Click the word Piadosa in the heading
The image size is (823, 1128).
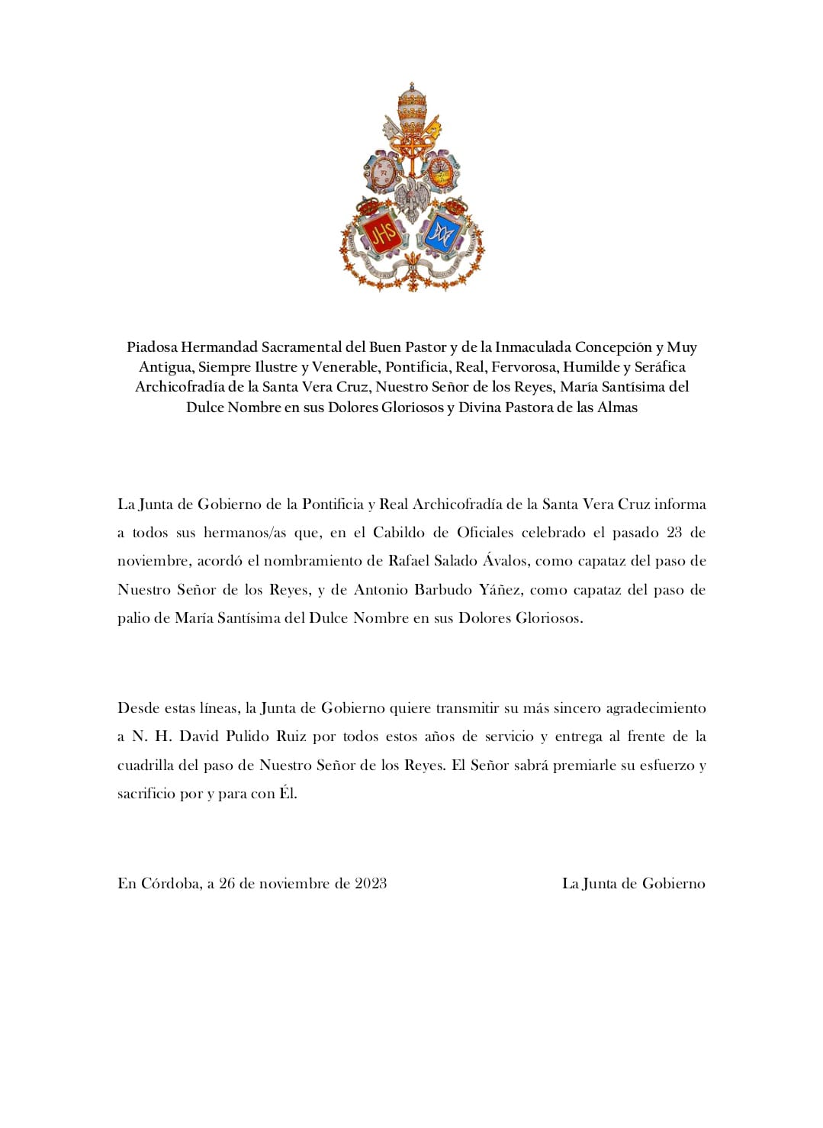153,347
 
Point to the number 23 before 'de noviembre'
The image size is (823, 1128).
674,533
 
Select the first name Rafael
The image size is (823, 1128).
409,561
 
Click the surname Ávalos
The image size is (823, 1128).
505,561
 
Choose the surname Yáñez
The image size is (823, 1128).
500,590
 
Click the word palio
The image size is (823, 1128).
133,618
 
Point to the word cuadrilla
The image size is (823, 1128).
145,765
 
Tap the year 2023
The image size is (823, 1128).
371,884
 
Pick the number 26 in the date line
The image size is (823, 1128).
227,884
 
